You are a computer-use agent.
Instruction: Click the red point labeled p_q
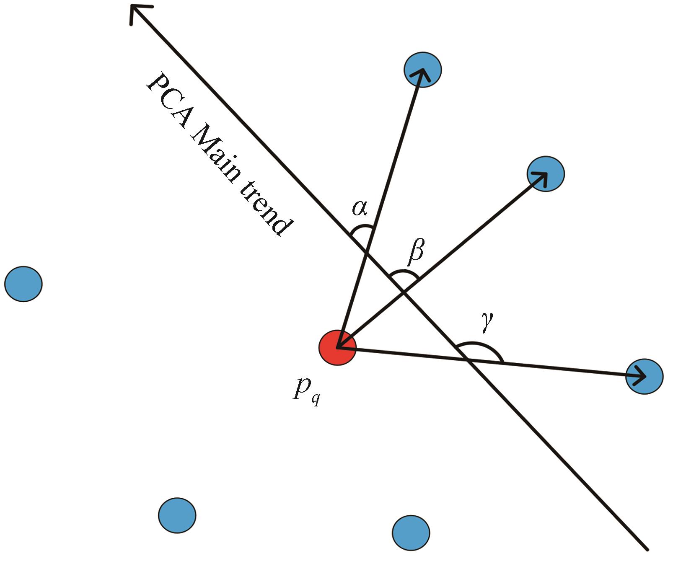[x=337, y=347]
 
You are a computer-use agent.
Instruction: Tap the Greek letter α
[x=360, y=207]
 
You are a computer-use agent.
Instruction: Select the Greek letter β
[x=416, y=252]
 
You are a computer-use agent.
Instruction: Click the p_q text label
[x=306, y=390]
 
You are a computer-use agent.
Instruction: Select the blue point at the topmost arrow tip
[x=422, y=70]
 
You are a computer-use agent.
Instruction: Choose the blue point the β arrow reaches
[x=546, y=174]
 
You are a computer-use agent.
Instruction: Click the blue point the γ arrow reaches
[x=644, y=376]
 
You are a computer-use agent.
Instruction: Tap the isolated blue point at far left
[x=23, y=284]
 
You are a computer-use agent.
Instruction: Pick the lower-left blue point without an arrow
[x=177, y=515]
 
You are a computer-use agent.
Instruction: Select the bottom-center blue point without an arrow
[x=411, y=533]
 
